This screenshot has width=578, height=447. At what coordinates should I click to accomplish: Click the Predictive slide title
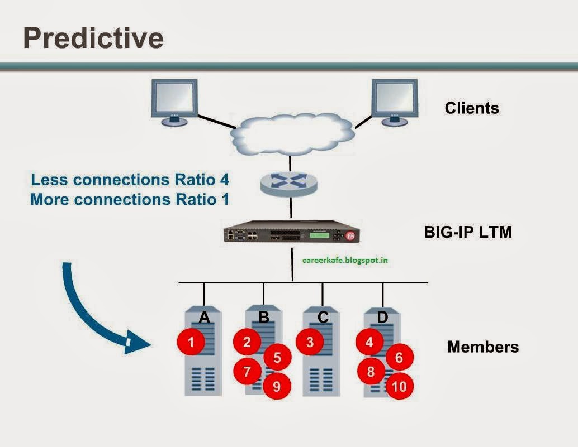pyautogui.click(x=93, y=38)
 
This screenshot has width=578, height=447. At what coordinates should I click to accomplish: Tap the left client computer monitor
pyautogui.click(x=174, y=100)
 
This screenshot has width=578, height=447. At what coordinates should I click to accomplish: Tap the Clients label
pyautogui.click(x=472, y=108)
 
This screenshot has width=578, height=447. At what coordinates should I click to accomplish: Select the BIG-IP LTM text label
pyautogui.click(x=468, y=232)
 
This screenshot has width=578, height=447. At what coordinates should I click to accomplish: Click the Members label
pyautogui.click(x=483, y=347)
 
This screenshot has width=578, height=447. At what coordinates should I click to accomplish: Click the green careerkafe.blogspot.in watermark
pyautogui.click(x=345, y=260)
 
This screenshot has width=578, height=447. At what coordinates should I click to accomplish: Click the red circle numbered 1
pyautogui.click(x=191, y=342)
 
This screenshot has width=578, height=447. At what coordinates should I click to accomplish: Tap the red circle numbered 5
pyautogui.click(x=277, y=358)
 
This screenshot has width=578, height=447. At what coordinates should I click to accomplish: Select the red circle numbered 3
pyautogui.click(x=311, y=342)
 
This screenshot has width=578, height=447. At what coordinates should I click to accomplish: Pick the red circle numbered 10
pyautogui.click(x=399, y=386)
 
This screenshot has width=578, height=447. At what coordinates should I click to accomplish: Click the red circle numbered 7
pyautogui.click(x=248, y=371)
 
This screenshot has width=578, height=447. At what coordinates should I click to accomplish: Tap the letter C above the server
pyautogui.click(x=323, y=318)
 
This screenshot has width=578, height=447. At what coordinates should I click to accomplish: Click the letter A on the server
pyautogui.click(x=204, y=318)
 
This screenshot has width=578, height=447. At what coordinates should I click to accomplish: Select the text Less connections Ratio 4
pyautogui.click(x=130, y=180)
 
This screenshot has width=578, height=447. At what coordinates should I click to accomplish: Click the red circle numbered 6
pyautogui.click(x=399, y=358)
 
